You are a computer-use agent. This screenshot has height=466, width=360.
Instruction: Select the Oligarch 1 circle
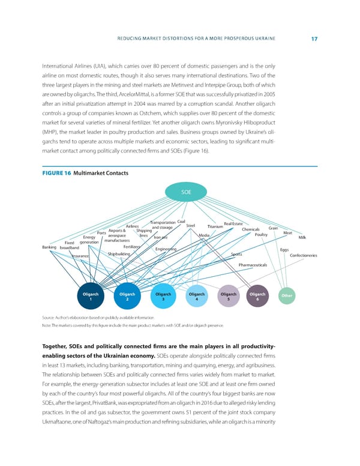click(91, 297)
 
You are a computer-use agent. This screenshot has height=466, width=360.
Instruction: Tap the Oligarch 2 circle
click(127, 297)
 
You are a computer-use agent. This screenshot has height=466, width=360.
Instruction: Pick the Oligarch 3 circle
click(163, 297)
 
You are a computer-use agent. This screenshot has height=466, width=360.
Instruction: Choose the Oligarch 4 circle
click(196, 297)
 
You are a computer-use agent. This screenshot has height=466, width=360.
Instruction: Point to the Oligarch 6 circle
click(257, 297)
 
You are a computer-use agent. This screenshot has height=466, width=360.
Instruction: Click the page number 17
click(314, 39)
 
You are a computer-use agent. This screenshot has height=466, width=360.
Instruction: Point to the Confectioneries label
click(307, 255)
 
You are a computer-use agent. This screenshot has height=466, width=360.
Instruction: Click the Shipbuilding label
click(119, 253)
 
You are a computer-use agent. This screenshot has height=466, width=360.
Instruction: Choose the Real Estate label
click(233, 224)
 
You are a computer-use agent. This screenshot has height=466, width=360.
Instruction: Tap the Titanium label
click(215, 226)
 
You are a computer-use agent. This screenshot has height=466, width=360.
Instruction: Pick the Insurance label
click(80, 256)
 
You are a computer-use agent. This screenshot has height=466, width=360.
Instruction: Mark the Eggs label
click(284, 250)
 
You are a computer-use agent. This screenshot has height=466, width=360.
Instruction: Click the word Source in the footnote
click(50, 316)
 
